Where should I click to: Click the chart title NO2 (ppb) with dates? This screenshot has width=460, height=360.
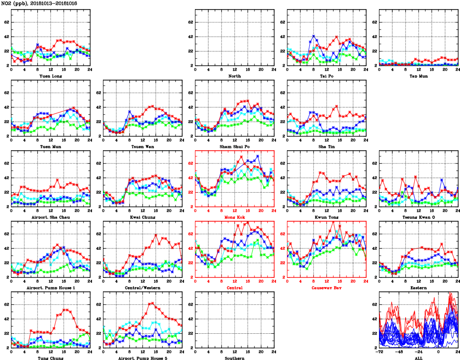[x=40, y=3]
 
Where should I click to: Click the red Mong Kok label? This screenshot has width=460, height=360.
[x=235, y=217]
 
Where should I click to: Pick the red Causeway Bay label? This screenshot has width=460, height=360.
[x=327, y=288]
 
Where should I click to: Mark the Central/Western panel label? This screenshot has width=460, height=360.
[x=143, y=288]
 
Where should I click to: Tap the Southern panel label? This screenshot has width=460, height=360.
[x=235, y=358]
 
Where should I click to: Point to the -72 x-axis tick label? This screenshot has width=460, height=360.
[x=379, y=352]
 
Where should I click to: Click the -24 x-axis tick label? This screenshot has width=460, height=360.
[x=419, y=352]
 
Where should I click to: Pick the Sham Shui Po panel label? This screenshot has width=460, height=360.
[x=235, y=147]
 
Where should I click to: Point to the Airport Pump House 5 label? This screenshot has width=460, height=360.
[x=143, y=358]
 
